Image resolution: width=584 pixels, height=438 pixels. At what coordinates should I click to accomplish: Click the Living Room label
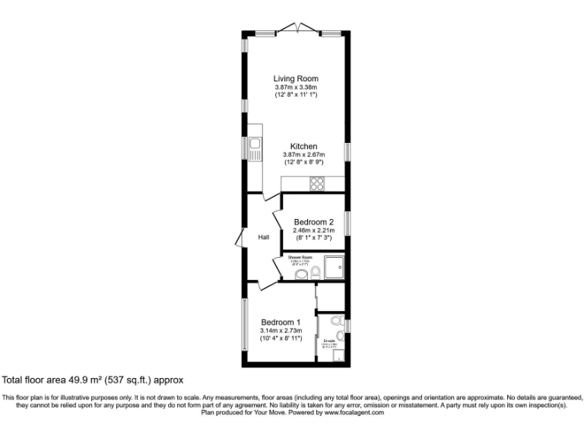pyautogui.click(x=296, y=78)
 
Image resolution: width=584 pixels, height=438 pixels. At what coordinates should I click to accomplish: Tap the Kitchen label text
pyautogui.click(x=303, y=146)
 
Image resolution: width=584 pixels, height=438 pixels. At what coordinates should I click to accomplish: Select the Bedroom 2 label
pyautogui.click(x=314, y=222)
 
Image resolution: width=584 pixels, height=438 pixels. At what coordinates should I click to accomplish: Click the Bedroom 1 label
pyautogui.click(x=281, y=322)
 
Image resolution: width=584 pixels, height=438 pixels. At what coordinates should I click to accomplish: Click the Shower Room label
pyautogui.click(x=300, y=258)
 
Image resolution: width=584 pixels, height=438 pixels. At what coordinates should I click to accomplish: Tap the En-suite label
pyautogui.click(x=330, y=340)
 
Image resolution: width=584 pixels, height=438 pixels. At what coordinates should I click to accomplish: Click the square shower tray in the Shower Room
pyautogui.click(x=335, y=267)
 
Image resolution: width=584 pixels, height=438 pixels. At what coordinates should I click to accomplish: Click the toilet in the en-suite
pyautogui.click(x=338, y=325)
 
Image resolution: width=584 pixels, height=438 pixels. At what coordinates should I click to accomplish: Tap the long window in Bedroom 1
pyautogui.click(x=244, y=325)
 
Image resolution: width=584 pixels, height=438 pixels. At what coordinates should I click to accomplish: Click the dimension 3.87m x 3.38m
pyautogui.click(x=296, y=87)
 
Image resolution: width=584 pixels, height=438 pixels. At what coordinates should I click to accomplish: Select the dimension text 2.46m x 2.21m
pyautogui.click(x=314, y=230)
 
